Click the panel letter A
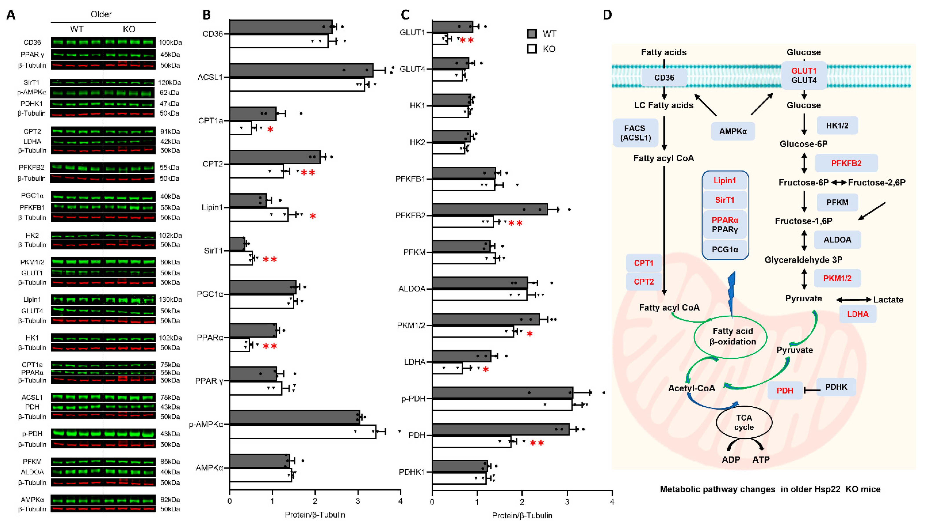11,15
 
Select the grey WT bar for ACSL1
301,70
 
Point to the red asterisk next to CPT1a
270,129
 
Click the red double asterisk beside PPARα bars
270,346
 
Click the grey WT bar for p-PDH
502,393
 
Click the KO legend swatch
532,49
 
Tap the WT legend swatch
532,34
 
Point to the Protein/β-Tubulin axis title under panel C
522,515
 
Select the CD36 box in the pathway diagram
664,78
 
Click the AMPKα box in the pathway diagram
732,131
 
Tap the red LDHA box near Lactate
858,314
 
